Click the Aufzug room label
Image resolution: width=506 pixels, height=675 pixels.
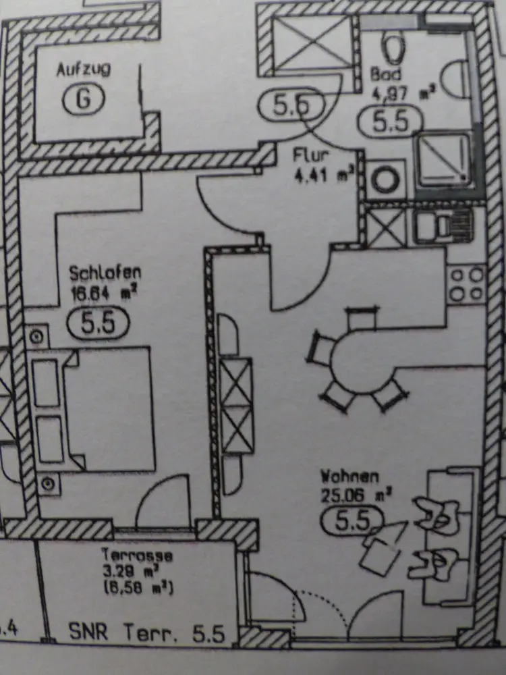[84, 69]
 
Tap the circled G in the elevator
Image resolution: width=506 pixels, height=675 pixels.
[84, 99]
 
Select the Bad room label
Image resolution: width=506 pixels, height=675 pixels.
[385, 73]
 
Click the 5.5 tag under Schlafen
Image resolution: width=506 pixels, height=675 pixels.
[98, 323]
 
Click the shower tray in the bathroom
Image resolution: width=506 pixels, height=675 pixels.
[444, 160]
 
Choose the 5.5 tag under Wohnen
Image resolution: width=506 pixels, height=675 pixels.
[353, 521]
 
